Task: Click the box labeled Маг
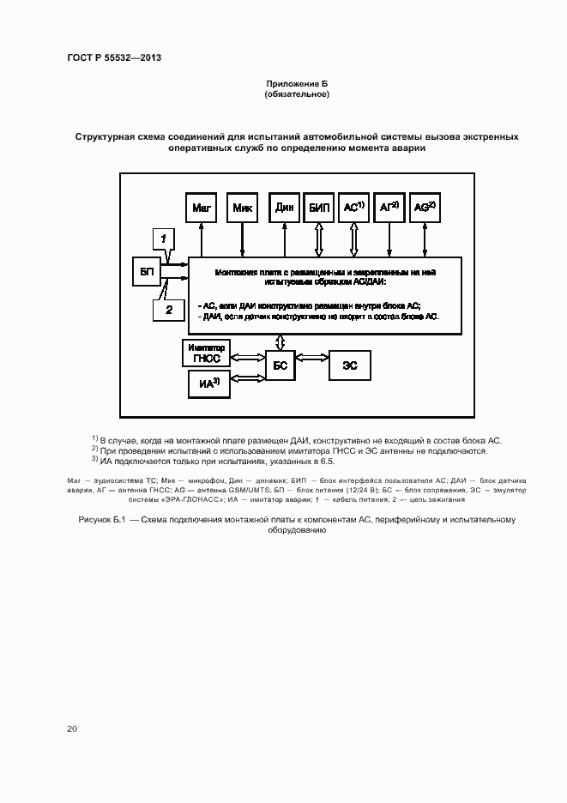coord(202,208)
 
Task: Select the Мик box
coord(242,208)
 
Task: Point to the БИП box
coord(318,208)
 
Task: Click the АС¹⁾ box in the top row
coord(354,208)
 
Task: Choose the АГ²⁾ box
coord(389,208)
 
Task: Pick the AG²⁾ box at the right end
coord(425,208)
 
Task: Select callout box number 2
coord(169,309)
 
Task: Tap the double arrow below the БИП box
coord(318,239)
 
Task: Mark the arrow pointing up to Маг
coord(202,239)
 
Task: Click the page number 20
coord(72,728)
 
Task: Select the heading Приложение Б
coord(297,83)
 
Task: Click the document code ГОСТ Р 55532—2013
coord(114,58)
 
